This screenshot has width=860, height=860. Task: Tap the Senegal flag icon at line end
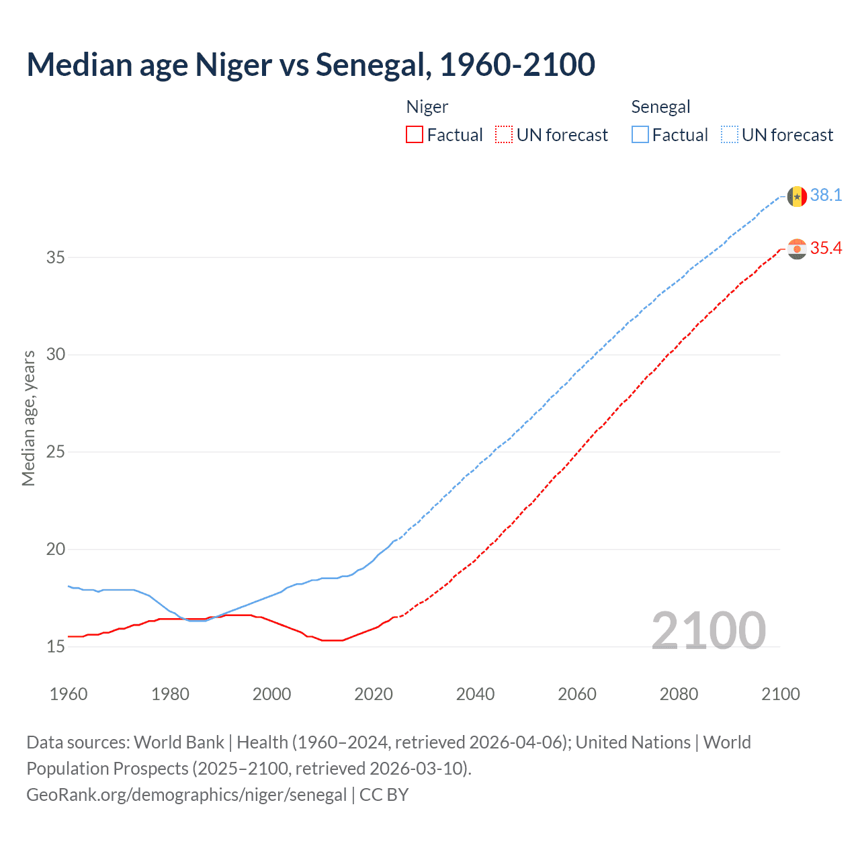[x=797, y=196]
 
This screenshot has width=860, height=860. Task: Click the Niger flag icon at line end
[x=797, y=249]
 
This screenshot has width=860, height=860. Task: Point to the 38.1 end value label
[x=826, y=196]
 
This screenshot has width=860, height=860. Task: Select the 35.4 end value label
[x=826, y=249]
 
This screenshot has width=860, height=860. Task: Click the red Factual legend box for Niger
[x=415, y=134]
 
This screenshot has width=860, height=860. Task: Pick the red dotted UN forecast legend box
[x=504, y=134]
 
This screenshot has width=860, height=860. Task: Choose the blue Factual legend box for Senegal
[x=640, y=134]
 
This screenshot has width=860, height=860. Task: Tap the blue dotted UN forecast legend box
[x=730, y=134]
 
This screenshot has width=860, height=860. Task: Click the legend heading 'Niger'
[x=427, y=107]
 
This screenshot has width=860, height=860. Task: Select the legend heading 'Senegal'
[x=660, y=107]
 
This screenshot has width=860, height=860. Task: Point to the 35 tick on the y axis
[x=56, y=257]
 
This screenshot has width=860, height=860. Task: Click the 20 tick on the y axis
[x=56, y=549]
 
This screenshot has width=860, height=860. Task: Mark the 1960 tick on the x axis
[x=69, y=694]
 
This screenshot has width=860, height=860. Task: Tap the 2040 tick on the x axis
[x=475, y=694]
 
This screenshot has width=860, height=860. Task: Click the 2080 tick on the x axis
[x=679, y=694]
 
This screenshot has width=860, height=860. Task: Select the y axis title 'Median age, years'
[x=28, y=418]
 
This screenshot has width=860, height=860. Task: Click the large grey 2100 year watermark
[x=708, y=630]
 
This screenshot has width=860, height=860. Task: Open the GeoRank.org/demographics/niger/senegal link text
[x=187, y=795]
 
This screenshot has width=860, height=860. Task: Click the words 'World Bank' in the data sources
[x=179, y=742]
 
